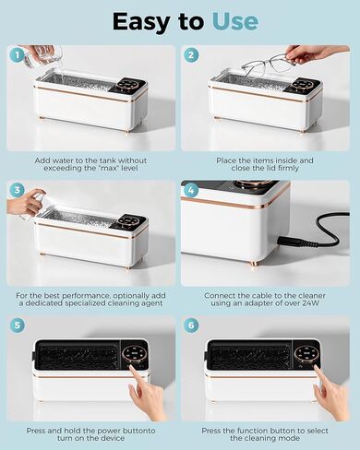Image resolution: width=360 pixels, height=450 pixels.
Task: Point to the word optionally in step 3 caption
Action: coord(130,294)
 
